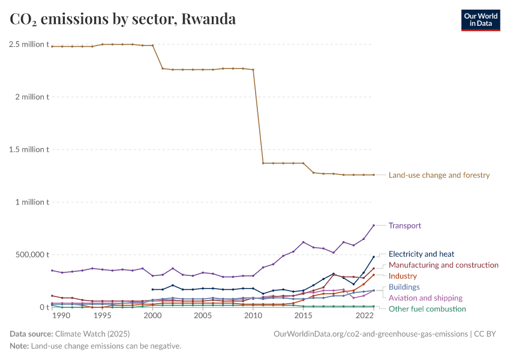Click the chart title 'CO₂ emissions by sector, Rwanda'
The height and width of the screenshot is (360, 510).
tap(122, 19)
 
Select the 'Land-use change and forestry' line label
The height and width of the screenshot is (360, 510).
tap(439, 175)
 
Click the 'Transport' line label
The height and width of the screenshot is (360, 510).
tap(405, 226)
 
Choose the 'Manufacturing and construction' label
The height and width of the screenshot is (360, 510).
tap(443, 265)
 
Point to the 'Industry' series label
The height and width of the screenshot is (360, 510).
tap(403, 276)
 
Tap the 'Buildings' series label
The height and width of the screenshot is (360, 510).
tap(404, 287)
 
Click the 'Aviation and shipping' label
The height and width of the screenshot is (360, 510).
tap(425, 298)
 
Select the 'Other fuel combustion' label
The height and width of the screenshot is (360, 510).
tap(427, 308)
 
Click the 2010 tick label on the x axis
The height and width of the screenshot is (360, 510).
tap(253, 316)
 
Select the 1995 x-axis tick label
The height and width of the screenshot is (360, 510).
tap(102, 316)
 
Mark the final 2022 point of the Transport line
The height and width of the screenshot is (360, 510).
tap(374, 225)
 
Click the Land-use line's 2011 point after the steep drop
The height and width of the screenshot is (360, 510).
tap(263, 163)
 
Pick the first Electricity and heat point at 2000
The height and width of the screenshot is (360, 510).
tap(152, 289)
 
